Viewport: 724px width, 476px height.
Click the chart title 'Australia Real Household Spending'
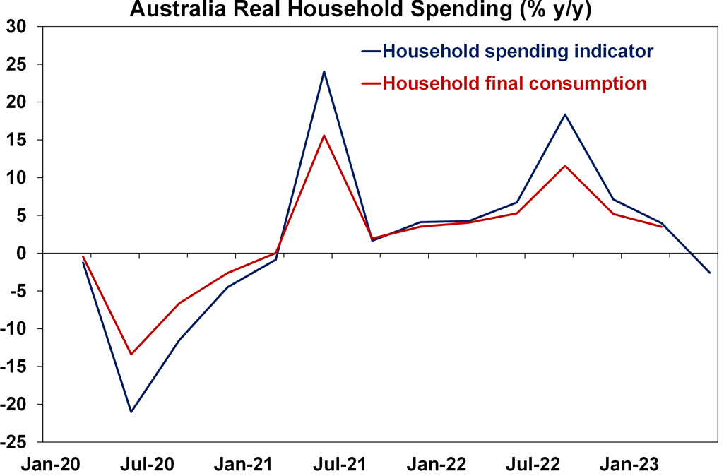pos(360,10)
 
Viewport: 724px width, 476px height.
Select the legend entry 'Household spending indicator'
pos(516,52)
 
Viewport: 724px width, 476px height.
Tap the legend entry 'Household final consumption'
pos(514,83)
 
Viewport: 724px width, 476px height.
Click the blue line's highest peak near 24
pos(324,71)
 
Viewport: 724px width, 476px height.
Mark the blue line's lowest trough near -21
pos(131,412)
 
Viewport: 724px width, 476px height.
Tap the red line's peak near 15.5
pos(324,136)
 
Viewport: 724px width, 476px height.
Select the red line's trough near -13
pos(131,354)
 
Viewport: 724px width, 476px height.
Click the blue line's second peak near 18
pos(564,114)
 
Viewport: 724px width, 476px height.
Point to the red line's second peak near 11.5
pos(564,166)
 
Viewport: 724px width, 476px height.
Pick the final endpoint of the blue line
pos(709,273)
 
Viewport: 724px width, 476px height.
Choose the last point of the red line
pos(661,227)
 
